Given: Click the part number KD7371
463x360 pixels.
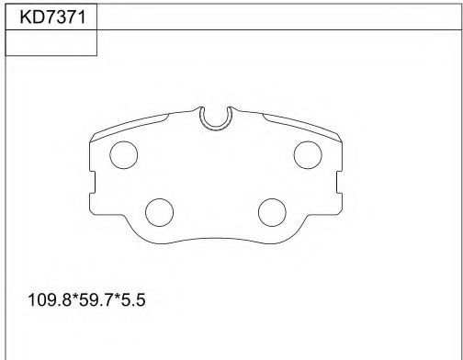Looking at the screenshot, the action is [x=52, y=17].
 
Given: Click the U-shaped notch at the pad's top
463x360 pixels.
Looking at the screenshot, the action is [x=216, y=127].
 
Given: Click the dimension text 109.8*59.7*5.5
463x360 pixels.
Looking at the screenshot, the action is [x=86, y=299].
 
